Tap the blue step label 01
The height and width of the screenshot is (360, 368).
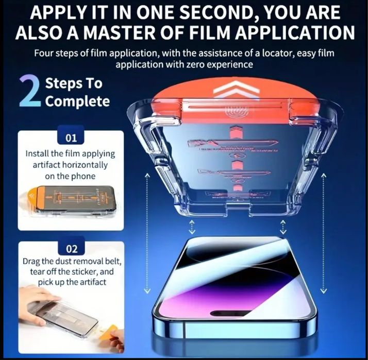[71, 139]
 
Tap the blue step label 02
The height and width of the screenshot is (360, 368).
[71, 250]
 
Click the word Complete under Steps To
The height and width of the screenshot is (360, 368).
[77, 100]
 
